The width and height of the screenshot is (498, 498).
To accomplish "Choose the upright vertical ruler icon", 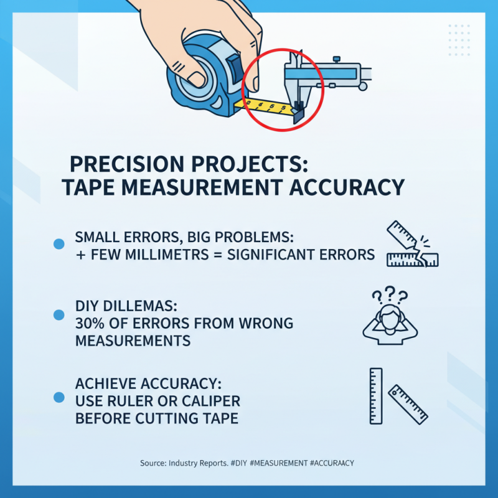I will click(x=375, y=396).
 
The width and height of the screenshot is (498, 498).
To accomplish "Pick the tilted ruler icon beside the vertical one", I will click(x=408, y=404).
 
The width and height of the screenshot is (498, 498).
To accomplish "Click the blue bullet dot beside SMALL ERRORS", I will click(x=60, y=245).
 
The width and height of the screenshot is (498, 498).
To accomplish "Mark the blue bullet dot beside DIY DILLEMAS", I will click(x=60, y=315).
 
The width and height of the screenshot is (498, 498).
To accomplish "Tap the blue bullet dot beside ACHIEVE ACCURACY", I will click(x=60, y=397).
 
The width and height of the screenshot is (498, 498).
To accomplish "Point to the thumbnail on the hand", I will click(x=198, y=78).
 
